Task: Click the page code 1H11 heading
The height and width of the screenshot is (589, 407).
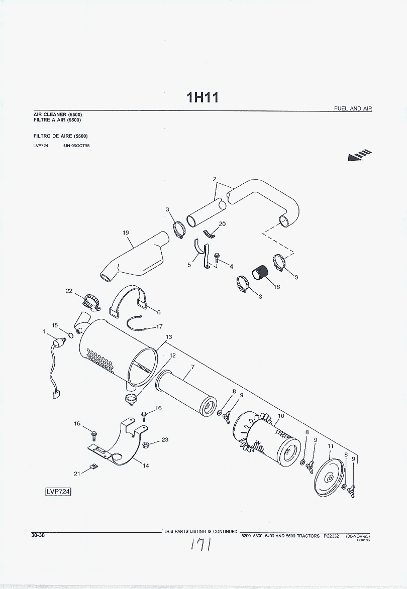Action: [203, 97]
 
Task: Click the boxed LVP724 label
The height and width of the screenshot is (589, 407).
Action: [58, 492]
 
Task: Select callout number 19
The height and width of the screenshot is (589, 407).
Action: [126, 232]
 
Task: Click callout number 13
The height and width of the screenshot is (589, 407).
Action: [169, 337]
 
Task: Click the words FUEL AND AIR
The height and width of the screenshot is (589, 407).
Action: [353, 108]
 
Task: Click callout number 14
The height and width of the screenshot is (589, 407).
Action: [145, 466]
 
